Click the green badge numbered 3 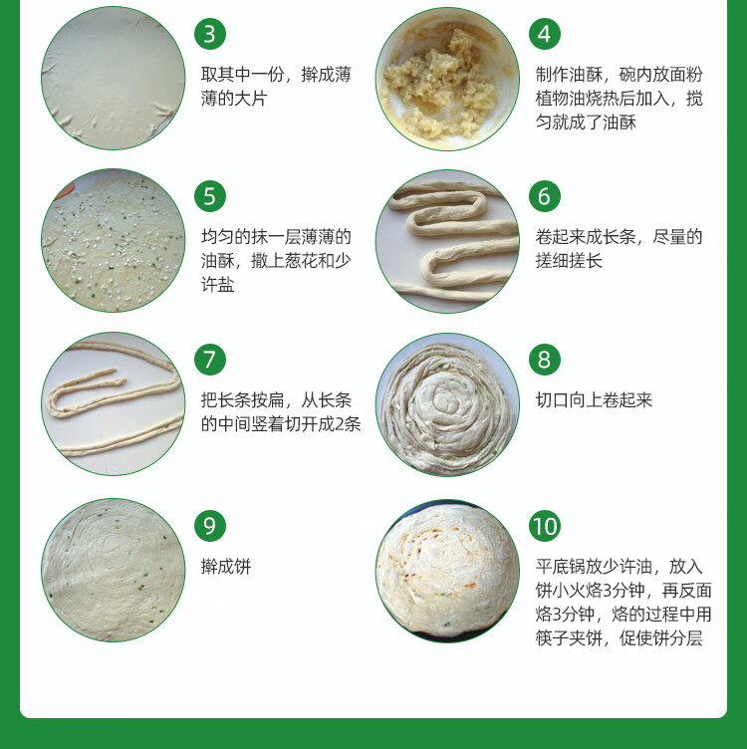(210, 34)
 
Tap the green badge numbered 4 (545, 34)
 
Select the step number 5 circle (210, 196)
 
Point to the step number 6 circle (545, 196)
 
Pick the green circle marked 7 (210, 360)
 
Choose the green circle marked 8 (545, 360)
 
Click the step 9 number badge (210, 526)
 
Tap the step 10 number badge (545, 526)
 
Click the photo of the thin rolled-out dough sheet (114, 78)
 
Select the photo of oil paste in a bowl (447, 79)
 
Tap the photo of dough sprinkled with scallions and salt (114, 241)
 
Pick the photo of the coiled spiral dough (447, 404)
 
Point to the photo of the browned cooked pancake (447, 571)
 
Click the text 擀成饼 (226, 567)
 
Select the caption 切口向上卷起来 (594, 400)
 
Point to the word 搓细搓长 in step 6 (569, 261)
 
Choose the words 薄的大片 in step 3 (234, 99)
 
